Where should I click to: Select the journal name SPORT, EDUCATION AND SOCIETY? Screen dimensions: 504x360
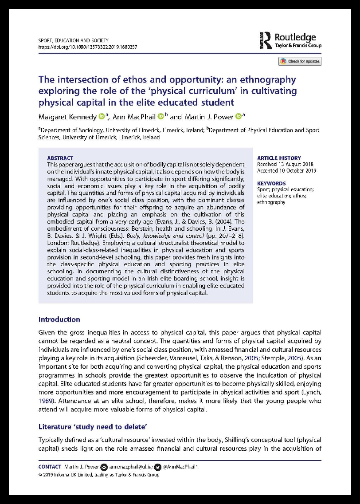[74, 40]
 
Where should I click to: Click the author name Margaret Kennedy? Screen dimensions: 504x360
[67, 117]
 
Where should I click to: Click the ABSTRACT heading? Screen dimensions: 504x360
[60, 158]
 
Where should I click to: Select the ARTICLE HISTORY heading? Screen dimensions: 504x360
[279, 158]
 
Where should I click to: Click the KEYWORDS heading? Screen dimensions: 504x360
[271, 183]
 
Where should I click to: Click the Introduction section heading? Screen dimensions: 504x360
[59, 319]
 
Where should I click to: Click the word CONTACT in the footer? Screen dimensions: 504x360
[50, 467]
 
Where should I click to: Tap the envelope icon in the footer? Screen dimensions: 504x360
[104, 467]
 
